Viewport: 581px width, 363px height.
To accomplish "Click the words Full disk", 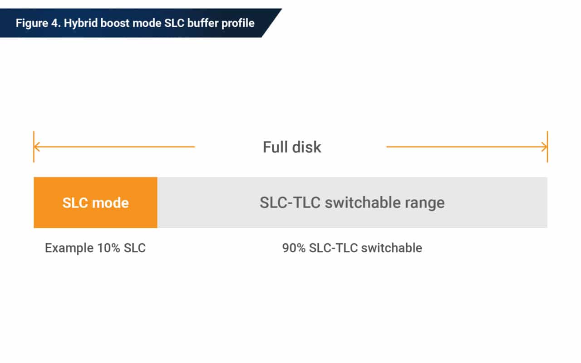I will point(292,147).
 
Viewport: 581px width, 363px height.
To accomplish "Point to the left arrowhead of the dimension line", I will point(37,147).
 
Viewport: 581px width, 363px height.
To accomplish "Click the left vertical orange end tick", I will point(34,147).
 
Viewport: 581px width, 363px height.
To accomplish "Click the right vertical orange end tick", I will point(547,147).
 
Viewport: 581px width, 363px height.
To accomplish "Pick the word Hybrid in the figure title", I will point(79,23).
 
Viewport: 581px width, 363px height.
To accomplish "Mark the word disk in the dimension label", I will point(306,147).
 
